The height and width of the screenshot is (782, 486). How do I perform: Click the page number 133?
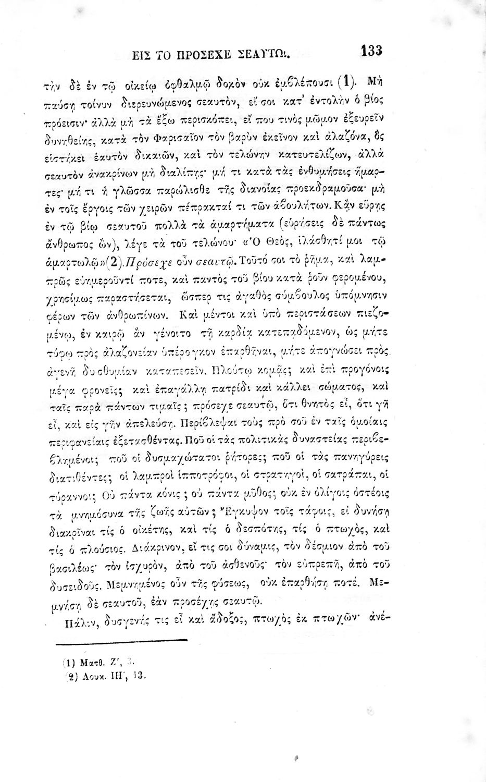(x=371, y=51)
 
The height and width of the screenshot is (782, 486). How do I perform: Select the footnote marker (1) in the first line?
(x=346, y=81)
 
